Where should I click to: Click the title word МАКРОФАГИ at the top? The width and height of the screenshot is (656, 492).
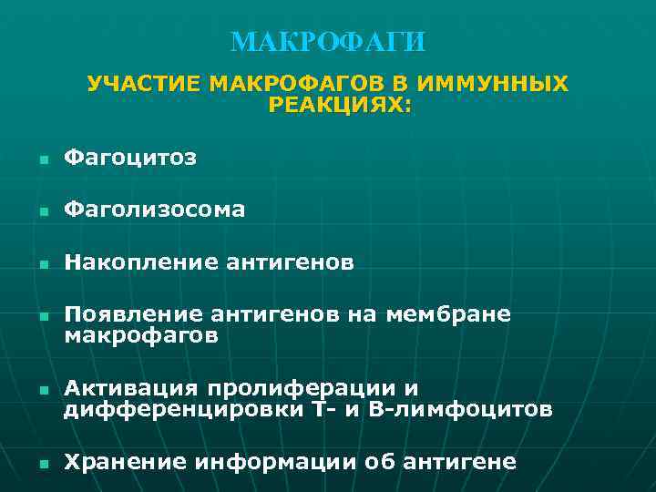[327, 42]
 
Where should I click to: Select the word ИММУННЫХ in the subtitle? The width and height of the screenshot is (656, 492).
[500, 85]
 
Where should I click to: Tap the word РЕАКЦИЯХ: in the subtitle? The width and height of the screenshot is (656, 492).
[340, 106]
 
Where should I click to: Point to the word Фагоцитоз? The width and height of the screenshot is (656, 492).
[129, 159]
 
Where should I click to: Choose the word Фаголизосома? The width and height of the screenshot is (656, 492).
[154, 210]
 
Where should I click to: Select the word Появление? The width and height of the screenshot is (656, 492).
[134, 315]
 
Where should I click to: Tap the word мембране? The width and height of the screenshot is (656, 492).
[449, 315]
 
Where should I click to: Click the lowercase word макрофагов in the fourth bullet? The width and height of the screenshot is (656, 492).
[140, 336]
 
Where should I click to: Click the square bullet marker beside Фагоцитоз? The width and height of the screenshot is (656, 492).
[42, 160]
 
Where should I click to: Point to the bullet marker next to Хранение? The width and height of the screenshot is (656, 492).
[42, 465]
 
